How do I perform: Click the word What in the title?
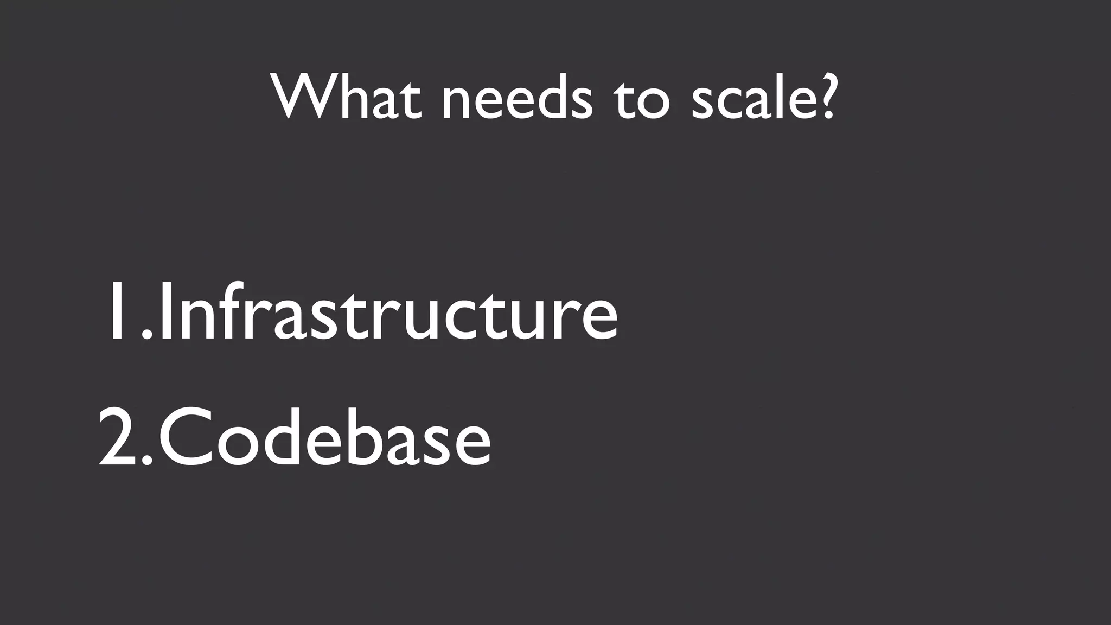347,97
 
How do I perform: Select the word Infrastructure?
388,312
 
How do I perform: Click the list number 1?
116,312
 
